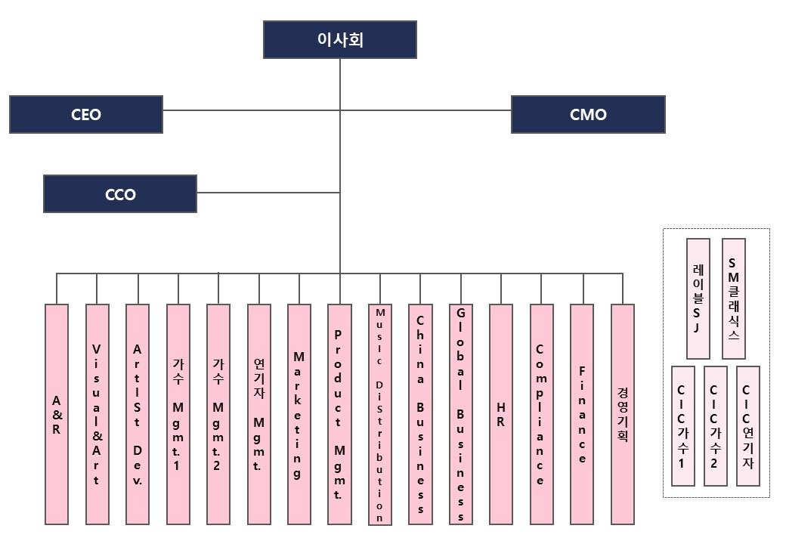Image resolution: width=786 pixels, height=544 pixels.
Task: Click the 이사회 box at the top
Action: [339, 39]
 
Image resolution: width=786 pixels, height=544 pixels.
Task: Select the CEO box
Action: [86, 115]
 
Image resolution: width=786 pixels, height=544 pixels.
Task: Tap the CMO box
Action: [588, 115]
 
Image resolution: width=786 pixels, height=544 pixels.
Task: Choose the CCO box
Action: [120, 194]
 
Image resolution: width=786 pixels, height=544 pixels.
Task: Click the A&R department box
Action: [57, 414]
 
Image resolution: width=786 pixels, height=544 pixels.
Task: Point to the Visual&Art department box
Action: [97, 414]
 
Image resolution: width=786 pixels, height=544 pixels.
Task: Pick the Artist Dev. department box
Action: [138, 414]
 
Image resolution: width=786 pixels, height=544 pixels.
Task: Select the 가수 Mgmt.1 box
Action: [178, 414]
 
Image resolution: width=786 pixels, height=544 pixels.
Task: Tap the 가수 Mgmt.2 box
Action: [218, 414]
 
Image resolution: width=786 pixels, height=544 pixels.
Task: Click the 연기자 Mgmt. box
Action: [259, 414]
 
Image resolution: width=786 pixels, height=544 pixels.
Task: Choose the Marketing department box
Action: [299, 414]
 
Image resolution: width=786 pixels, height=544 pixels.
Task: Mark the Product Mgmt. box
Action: [339, 414]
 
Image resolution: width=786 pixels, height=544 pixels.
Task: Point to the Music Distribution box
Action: [380, 414]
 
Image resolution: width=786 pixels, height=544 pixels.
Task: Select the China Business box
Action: [420, 414]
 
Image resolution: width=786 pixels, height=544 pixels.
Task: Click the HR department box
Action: [501, 414]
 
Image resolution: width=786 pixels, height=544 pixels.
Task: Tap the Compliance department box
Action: [541, 414]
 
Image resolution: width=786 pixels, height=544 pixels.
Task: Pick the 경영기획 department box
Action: [622, 414]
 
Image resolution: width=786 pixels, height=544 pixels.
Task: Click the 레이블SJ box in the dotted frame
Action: [698, 298]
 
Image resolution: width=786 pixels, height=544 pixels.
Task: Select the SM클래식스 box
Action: [734, 298]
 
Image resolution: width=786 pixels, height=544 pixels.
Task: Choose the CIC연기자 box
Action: [747, 426]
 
